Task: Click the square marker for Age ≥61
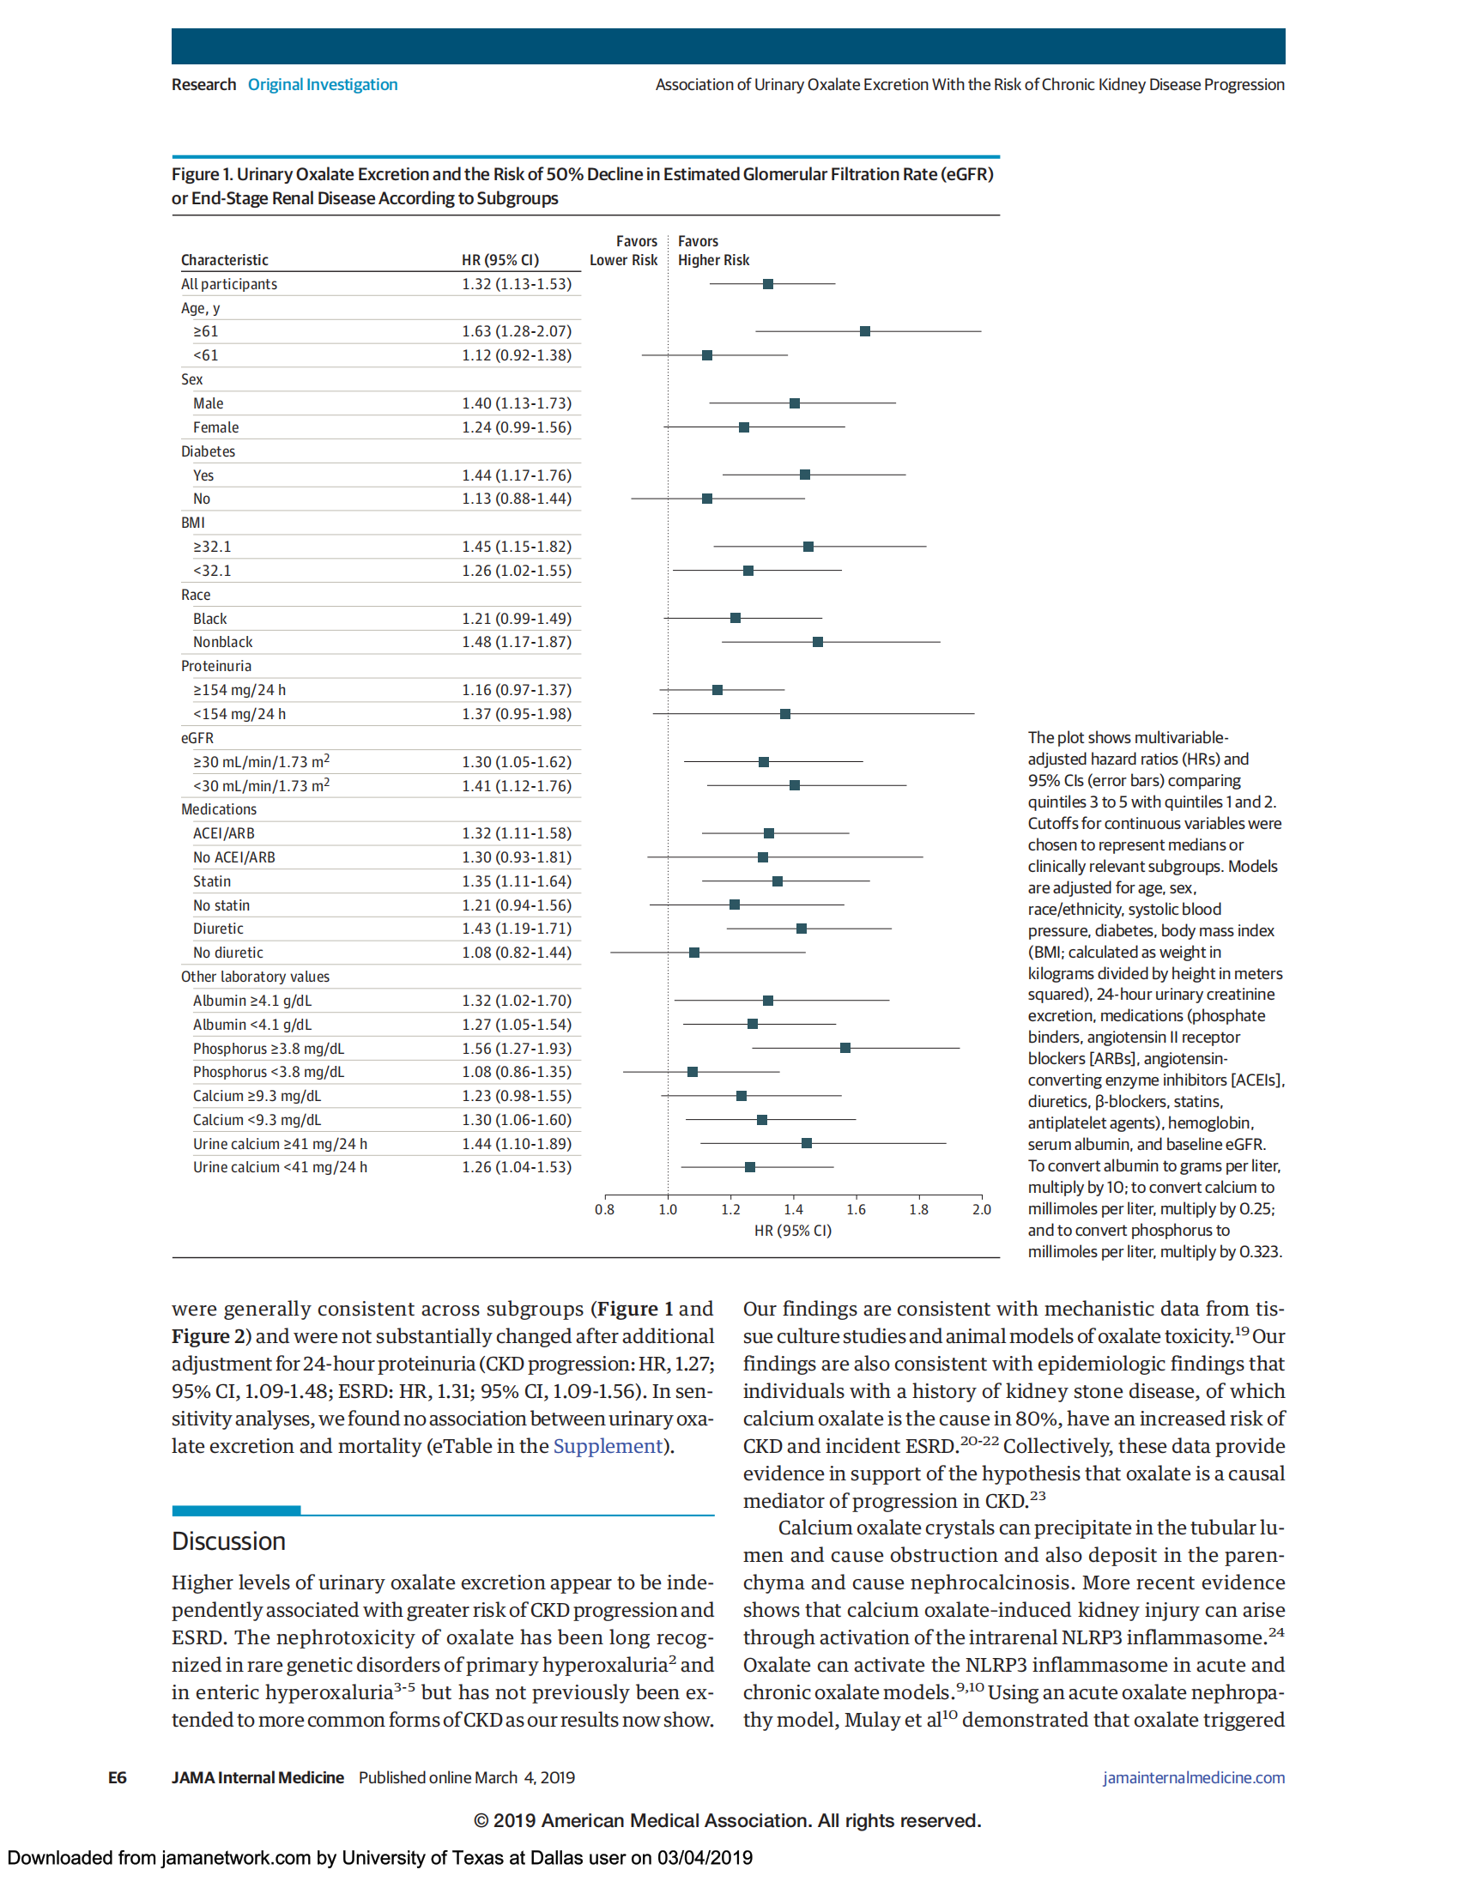pyautogui.click(x=865, y=331)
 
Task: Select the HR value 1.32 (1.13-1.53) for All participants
pyautogui.click(x=516, y=284)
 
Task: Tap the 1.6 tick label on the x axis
pyautogui.click(x=856, y=1209)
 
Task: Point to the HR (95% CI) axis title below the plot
pyautogui.click(x=793, y=1230)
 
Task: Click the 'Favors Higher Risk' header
pyautogui.click(x=713, y=251)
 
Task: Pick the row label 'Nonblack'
pyautogui.click(x=223, y=642)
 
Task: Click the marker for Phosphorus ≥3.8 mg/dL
pyautogui.click(x=845, y=1048)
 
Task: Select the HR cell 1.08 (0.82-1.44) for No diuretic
pyautogui.click(x=516, y=953)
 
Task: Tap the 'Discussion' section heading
pyautogui.click(x=228, y=1541)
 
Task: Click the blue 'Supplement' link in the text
pyautogui.click(x=607, y=1446)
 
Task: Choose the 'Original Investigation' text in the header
pyautogui.click(x=323, y=85)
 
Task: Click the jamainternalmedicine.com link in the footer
pyautogui.click(x=1193, y=1777)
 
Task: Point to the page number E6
pyautogui.click(x=118, y=1777)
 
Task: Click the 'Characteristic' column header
pyautogui.click(x=225, y=260)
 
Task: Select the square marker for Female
pyautogui.click(x=744, y=427)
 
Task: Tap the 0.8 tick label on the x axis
pyautogui.click(x=604, y=1209)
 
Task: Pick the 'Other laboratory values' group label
pyautogui.click(x=255, y=977)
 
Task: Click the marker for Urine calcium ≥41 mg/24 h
pyautogui.click(x=807, y=1143)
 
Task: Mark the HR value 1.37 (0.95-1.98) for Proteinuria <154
pyautogui.click(x=516, y=714)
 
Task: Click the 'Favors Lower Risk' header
pyautogui.click(x=624, y=251)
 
